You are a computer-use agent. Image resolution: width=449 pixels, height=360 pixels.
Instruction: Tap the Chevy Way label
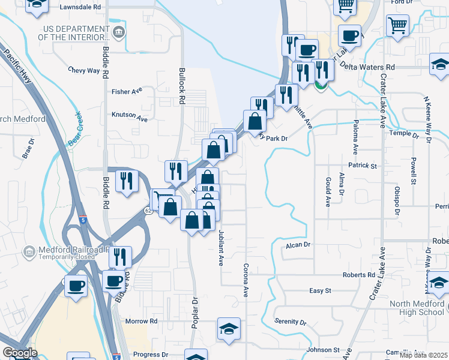coord(84,70)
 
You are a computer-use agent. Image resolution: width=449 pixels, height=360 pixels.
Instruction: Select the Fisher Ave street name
coord(127,92)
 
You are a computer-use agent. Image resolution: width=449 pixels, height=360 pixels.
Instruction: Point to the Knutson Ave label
coord(129,117)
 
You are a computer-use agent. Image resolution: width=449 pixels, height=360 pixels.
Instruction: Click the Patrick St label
coord(362,165)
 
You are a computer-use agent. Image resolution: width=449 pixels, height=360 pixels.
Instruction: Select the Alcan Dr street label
coord(297,245)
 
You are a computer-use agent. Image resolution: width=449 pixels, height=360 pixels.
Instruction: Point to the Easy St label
coord(320,291)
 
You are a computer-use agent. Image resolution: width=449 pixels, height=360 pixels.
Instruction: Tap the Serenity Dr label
coord(291,322)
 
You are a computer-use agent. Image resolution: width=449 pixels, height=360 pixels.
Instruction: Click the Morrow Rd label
coord(141,322)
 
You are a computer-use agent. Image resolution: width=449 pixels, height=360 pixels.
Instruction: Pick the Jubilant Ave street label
coord(221,246)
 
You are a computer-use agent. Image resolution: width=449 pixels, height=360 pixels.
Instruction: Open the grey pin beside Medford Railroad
coord(28,251)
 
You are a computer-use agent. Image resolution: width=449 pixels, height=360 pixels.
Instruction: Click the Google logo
coord(20,353)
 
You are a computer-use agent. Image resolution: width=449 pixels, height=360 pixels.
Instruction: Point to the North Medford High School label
coord(417,308)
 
